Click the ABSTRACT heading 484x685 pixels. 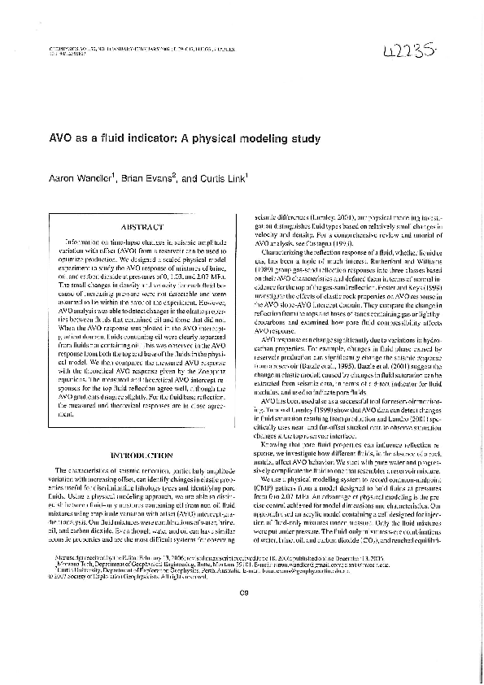(142, 228)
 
